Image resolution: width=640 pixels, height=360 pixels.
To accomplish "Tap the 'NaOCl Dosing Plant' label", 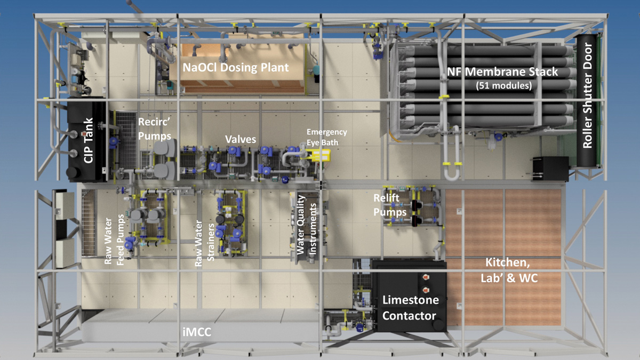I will click(236, 68).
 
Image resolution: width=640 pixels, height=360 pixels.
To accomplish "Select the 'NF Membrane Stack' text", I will click(507, 71).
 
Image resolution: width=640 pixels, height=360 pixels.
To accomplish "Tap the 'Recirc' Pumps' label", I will click(154, 130).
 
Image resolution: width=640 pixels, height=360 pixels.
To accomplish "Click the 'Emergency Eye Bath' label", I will click(326, 137).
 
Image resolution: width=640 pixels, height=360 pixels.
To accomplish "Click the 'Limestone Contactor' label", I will click(411, 308).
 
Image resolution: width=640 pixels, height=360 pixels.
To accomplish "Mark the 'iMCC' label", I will click(197, 333).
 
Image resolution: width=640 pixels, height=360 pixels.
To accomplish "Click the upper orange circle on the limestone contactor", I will click(426, 277).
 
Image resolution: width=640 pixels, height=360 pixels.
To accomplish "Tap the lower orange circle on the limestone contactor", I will click(426, 289).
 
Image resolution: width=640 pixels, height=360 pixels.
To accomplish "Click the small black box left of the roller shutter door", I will click(549, 168).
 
